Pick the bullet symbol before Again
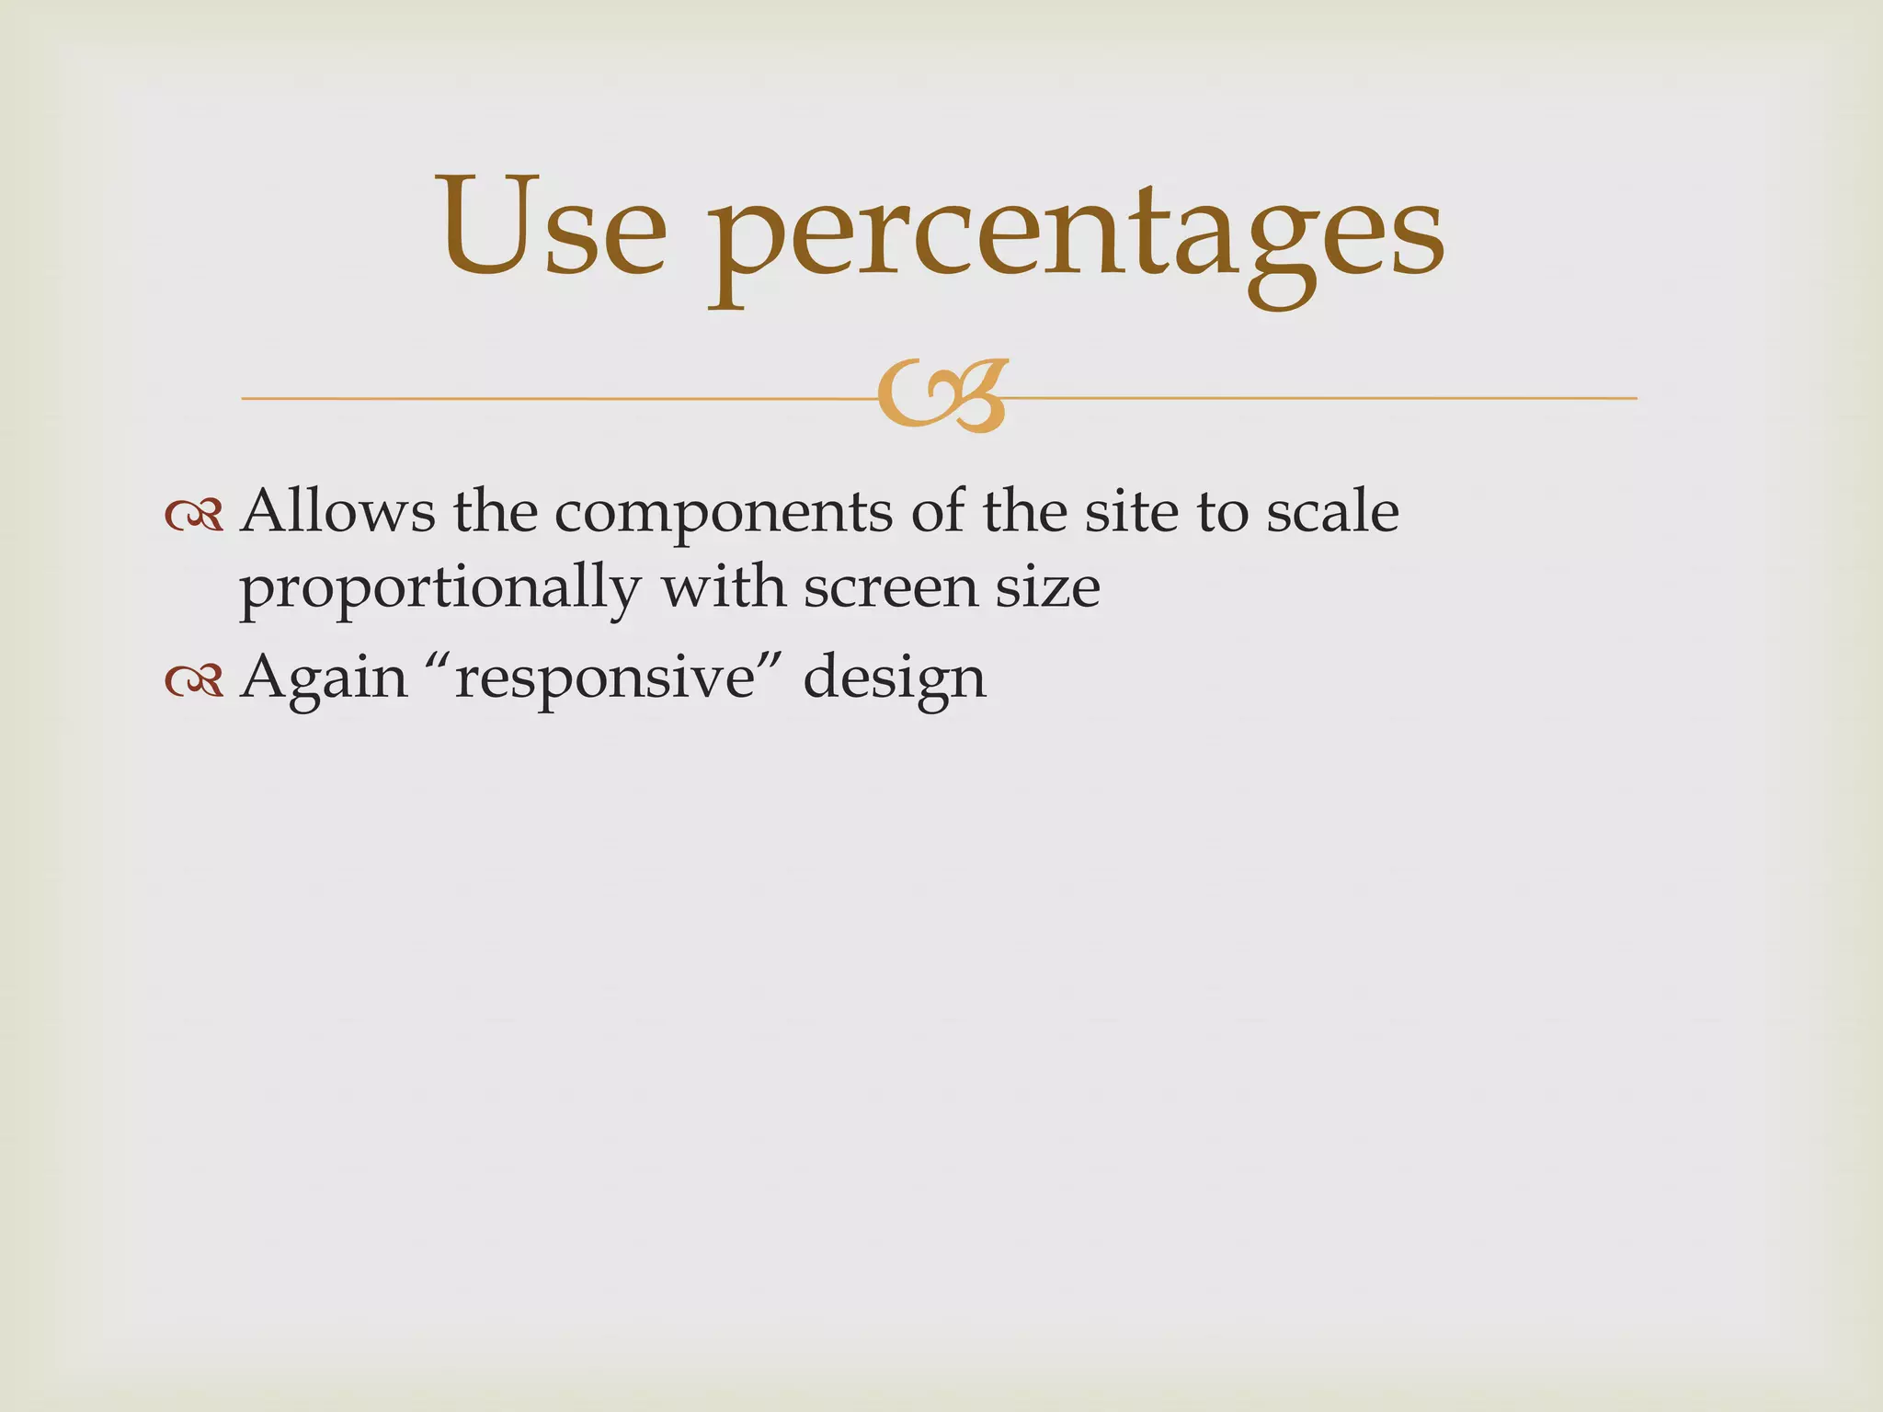(x=194, y=680)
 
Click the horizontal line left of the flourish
(x=552, y=399)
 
